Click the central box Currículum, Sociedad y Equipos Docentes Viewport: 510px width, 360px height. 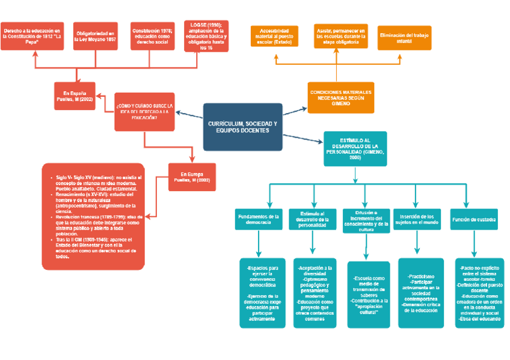point(242,127)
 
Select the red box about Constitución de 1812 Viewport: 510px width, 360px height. point(32,37)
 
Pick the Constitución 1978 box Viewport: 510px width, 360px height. point(152,37)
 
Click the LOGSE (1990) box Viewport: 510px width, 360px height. point(206,36)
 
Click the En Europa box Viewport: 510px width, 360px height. point(192,177)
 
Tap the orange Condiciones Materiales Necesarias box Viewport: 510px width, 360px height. point(340,97)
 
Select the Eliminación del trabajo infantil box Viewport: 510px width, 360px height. point(404,37)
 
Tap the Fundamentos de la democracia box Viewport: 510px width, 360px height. point(258,219)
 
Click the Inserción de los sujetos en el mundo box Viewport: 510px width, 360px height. point(417,219)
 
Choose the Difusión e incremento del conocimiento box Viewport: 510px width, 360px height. point(367,219)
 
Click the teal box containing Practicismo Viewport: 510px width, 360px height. point(420,293)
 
